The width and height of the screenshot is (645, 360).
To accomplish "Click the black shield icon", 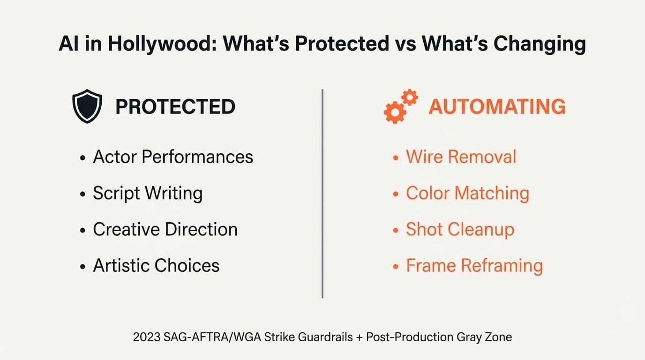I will [87, 106].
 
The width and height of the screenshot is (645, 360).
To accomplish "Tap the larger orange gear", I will [395, 112].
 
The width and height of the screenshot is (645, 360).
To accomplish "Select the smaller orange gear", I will [409, 97].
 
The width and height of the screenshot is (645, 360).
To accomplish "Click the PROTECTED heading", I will [175, 107].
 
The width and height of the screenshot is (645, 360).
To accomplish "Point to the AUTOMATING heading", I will [497, 107].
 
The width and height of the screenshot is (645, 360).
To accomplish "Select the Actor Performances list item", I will [173, 157].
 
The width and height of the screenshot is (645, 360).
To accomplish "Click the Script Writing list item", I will [148, 193].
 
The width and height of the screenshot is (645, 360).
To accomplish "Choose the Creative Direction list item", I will [165, 229].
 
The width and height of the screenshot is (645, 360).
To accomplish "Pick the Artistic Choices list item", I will [156, 265].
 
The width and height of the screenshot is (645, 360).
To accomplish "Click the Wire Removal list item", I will [461, 157].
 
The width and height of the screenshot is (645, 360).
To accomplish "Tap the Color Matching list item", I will [467, 193].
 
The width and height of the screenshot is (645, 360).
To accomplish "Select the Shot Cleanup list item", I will [460, 229].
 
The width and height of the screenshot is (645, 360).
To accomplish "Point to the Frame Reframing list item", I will [474, 265].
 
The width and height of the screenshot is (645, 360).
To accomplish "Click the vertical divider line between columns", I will [322, 193].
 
